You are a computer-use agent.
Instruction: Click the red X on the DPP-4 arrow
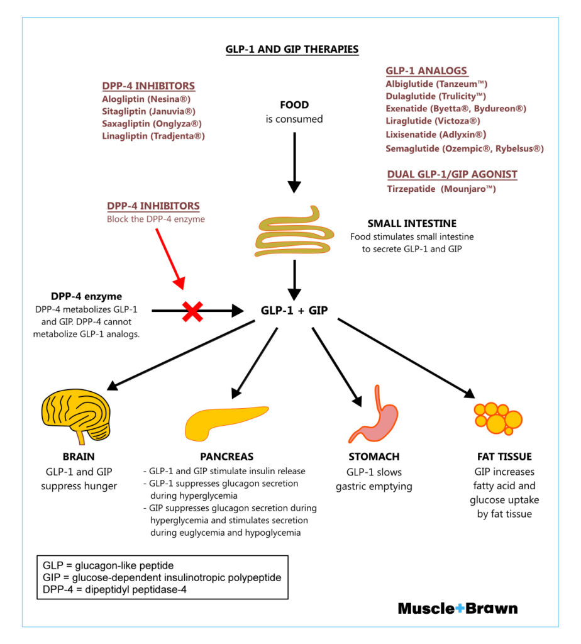[192, 310]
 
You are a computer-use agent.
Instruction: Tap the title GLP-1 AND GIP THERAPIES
[292, 49]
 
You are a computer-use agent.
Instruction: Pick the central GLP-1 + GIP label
[294, 310]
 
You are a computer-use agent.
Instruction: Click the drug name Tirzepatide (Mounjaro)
[441, 188]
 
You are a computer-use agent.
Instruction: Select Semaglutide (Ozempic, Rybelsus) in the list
[464, 148]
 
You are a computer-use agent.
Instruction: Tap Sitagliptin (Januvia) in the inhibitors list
[148, 111]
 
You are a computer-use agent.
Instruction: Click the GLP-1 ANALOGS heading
[426, 70]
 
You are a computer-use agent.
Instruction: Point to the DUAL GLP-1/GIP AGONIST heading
[452, 174]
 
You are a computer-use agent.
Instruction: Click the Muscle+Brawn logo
[458, 608]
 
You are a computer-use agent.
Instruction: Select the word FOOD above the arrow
[294, 105]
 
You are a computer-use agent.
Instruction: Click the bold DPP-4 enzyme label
[87, 296]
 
